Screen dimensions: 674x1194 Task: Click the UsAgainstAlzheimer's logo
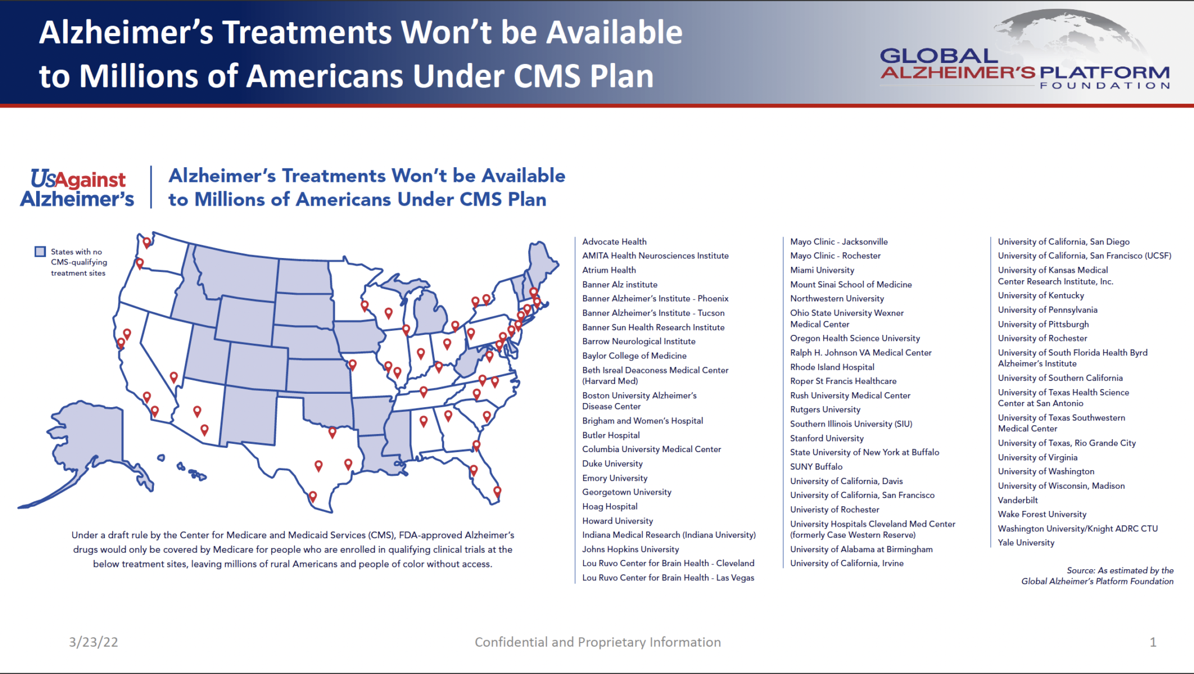click(78, 188)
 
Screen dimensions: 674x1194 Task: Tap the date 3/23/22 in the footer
click(93, 642)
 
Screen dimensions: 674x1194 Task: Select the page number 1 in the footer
click(1153, 642)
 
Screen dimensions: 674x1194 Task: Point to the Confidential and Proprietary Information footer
click(598, 642)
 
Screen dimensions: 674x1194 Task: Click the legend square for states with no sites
click(40, 252)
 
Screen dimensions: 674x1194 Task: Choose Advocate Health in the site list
click(614, 242)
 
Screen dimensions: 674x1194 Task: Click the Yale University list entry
click(1026, 543)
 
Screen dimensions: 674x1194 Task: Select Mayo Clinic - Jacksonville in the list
click(838, 242)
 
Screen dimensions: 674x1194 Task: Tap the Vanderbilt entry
click(1017, 500)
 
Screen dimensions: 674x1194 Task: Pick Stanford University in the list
click(827, 438)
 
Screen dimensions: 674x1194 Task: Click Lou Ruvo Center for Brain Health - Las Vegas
click(668, 578)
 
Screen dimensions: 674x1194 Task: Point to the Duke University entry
click(612, 464)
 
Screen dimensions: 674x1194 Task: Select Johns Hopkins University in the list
click(630, 549)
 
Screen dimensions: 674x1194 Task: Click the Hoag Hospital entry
click(609, 507)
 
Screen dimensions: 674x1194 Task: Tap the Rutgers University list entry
click(825, 410)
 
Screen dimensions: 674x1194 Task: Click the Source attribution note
click(1097, 576)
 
